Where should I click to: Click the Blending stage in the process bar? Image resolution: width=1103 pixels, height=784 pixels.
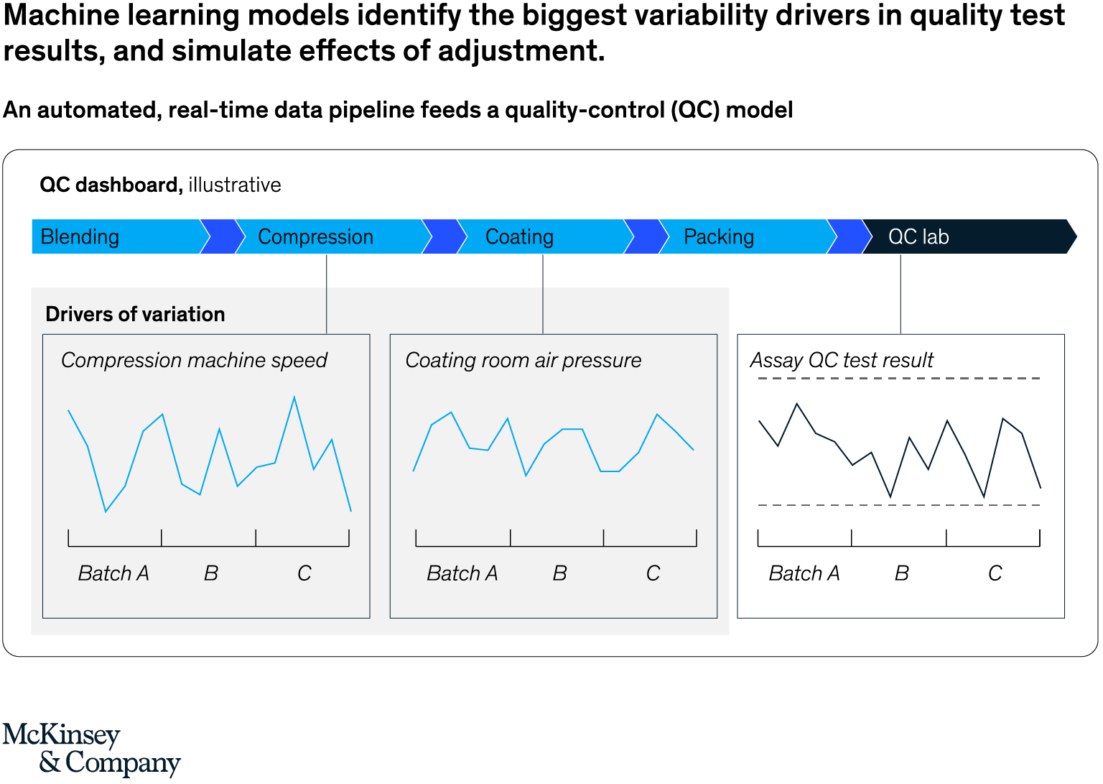(80, 237)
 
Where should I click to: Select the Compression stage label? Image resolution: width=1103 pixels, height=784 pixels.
(315, 237)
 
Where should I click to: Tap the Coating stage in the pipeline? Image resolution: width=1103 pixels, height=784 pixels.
(519, 237)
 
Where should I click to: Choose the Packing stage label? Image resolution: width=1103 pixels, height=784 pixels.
(718, 237)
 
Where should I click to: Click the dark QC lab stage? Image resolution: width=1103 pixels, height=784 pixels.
(918, 237)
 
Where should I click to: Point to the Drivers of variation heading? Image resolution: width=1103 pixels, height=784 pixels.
(135, 315)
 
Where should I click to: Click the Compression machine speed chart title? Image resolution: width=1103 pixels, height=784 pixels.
(194, 360)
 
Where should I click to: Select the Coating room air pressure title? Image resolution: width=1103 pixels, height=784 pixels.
(523, 360)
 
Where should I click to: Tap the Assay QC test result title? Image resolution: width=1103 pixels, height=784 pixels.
(842, 360)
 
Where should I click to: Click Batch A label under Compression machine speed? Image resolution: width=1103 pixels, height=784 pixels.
(113, 573)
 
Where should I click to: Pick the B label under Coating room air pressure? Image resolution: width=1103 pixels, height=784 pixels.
(559, 573)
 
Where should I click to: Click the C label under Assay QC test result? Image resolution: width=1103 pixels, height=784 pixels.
(995, 573)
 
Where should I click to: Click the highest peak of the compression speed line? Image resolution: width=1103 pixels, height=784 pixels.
(294, 397)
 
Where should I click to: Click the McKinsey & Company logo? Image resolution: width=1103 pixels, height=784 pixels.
(91, 748)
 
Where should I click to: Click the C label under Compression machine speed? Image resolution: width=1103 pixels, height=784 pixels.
(304, 573)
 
